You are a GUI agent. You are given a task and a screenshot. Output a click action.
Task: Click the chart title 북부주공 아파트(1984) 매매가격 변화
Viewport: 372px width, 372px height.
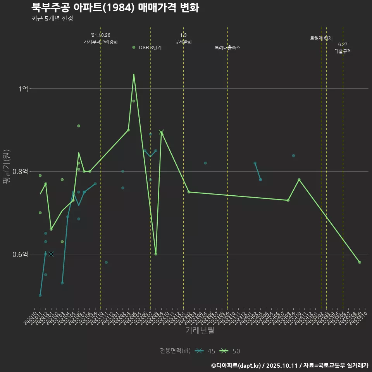115,7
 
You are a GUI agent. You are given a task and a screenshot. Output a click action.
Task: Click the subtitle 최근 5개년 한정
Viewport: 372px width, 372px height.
52,18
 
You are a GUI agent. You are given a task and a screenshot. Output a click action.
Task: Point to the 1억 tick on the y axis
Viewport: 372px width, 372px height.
23,89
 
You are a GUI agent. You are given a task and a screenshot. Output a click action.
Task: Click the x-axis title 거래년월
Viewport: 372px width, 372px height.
200,331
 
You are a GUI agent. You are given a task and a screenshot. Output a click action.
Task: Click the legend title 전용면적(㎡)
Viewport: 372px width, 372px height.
175,351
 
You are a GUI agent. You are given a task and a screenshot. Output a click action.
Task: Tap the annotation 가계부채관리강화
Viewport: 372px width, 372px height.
101,42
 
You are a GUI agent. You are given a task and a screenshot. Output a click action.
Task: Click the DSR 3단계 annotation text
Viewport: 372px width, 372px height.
150,48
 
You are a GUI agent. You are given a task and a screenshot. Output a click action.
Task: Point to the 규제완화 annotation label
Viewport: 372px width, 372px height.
183,42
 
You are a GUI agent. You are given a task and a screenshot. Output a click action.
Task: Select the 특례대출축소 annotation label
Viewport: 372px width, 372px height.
227,48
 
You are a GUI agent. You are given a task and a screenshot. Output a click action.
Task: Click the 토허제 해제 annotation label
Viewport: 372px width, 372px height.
321,38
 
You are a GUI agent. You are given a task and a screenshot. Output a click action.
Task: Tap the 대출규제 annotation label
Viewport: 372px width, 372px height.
343,51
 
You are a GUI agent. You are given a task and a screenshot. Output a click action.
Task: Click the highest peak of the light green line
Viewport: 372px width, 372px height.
134,74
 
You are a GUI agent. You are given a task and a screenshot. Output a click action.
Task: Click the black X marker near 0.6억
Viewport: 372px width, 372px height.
51,254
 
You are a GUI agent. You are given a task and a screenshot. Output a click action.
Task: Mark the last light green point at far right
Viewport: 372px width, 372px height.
360,262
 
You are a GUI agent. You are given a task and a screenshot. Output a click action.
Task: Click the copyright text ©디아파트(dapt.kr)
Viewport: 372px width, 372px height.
237,365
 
